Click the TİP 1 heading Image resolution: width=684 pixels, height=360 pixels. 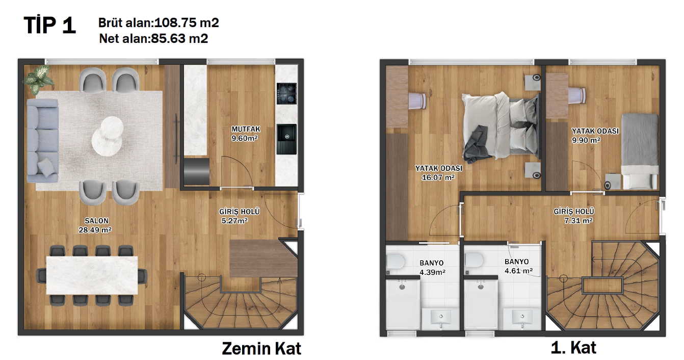tap(49, 25)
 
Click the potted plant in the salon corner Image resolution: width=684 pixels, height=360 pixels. tap(38, 79)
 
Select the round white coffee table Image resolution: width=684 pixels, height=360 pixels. tap(108, 134)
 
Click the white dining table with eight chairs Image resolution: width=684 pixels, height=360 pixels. tap(92, 275)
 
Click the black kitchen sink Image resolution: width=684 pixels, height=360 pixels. tap(286, 139)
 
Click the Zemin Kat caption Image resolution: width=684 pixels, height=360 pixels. tap(261, 348)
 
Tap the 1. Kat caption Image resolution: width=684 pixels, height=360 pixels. tap(573, 348)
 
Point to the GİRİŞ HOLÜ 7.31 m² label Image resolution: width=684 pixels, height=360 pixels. tap(574, 216)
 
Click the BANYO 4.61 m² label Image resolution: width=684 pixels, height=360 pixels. tap(518, 267)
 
